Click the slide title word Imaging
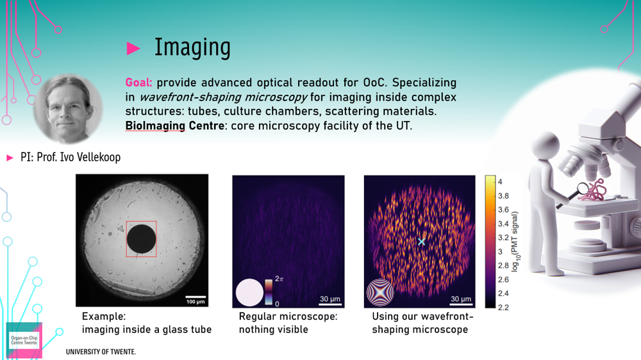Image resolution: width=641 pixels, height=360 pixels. [192, 48]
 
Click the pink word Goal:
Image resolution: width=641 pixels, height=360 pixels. [138, 83]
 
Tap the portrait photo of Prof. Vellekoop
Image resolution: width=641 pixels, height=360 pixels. [68, 109]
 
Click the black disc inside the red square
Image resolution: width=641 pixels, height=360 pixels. [142, 239]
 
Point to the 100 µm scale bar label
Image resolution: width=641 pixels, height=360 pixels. [196, 302]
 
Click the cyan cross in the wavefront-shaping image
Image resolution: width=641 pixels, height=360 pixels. [422, 241]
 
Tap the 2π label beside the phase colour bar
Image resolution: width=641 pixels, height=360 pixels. [279, 279]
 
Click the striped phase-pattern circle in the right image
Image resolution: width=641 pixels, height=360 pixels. [380, 293]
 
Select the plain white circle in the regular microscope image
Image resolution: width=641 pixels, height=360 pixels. [249, 293]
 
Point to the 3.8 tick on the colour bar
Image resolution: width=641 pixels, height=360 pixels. [503, 196]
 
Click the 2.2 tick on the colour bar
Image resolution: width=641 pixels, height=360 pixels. [503, 307]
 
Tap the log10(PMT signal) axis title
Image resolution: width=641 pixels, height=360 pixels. [515, 241]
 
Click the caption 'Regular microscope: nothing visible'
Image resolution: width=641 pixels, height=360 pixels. [288, 323]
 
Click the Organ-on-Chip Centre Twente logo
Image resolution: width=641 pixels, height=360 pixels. [24, 340]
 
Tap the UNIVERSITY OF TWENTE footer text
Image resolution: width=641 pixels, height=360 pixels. [101, 352]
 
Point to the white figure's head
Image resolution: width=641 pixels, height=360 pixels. [545, 146]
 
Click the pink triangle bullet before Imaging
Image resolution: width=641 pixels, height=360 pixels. [133, 48]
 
